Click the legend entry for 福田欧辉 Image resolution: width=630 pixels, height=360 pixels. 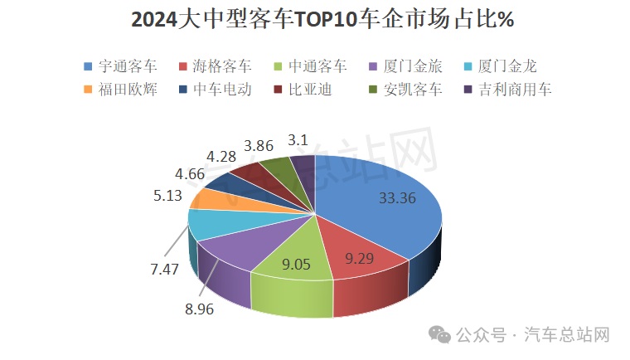click(121, 89)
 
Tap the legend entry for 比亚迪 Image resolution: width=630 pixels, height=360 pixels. click(303, 89)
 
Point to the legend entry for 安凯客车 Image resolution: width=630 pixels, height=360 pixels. click(406, 89)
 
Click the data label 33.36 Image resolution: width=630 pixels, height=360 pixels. click(396, 198)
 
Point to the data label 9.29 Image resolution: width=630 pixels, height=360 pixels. click(360, 259)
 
